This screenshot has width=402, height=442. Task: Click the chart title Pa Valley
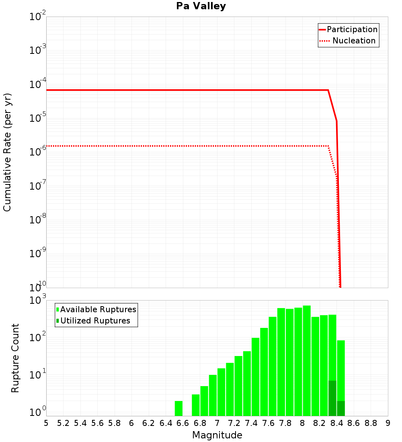(x=201, y=6)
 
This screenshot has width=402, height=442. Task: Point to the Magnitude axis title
(x=217, y=435)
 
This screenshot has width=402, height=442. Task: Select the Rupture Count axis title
(x=15, y=358)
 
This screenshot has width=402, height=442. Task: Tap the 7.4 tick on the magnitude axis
(x=251, y=423)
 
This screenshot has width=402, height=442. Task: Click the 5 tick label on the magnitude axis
(x=46, y=423)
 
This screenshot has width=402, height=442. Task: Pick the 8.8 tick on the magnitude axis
(x=371, y=423)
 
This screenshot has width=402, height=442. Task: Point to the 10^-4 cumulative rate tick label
(x=38, y=84)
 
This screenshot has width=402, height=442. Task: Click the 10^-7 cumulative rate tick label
(x=38, y=186)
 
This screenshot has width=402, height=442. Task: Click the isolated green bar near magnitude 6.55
(x=178, y=408)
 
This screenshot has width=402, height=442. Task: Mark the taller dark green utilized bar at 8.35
(x=332, y=398)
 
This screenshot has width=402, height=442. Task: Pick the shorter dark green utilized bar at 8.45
(x=341, y=408)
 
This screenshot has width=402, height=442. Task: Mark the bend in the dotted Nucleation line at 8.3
(x=328, y=146)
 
